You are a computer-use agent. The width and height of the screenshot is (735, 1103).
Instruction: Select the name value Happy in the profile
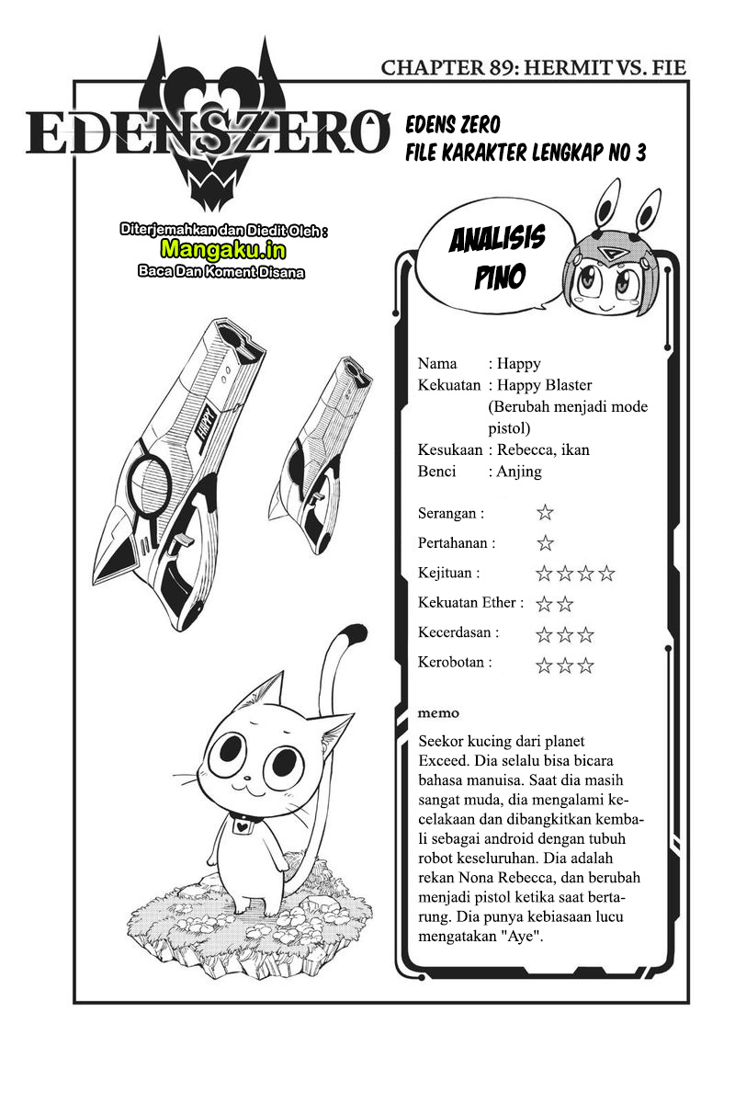tap(519, 364)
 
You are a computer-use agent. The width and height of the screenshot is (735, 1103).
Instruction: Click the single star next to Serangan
tap(545, 513)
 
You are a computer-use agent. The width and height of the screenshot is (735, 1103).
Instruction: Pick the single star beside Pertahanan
tap(545, 543)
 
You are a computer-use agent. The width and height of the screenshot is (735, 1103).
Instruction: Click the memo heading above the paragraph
tap(438, 713)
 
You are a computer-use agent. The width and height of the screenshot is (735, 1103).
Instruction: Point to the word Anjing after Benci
tap(519, 472)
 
